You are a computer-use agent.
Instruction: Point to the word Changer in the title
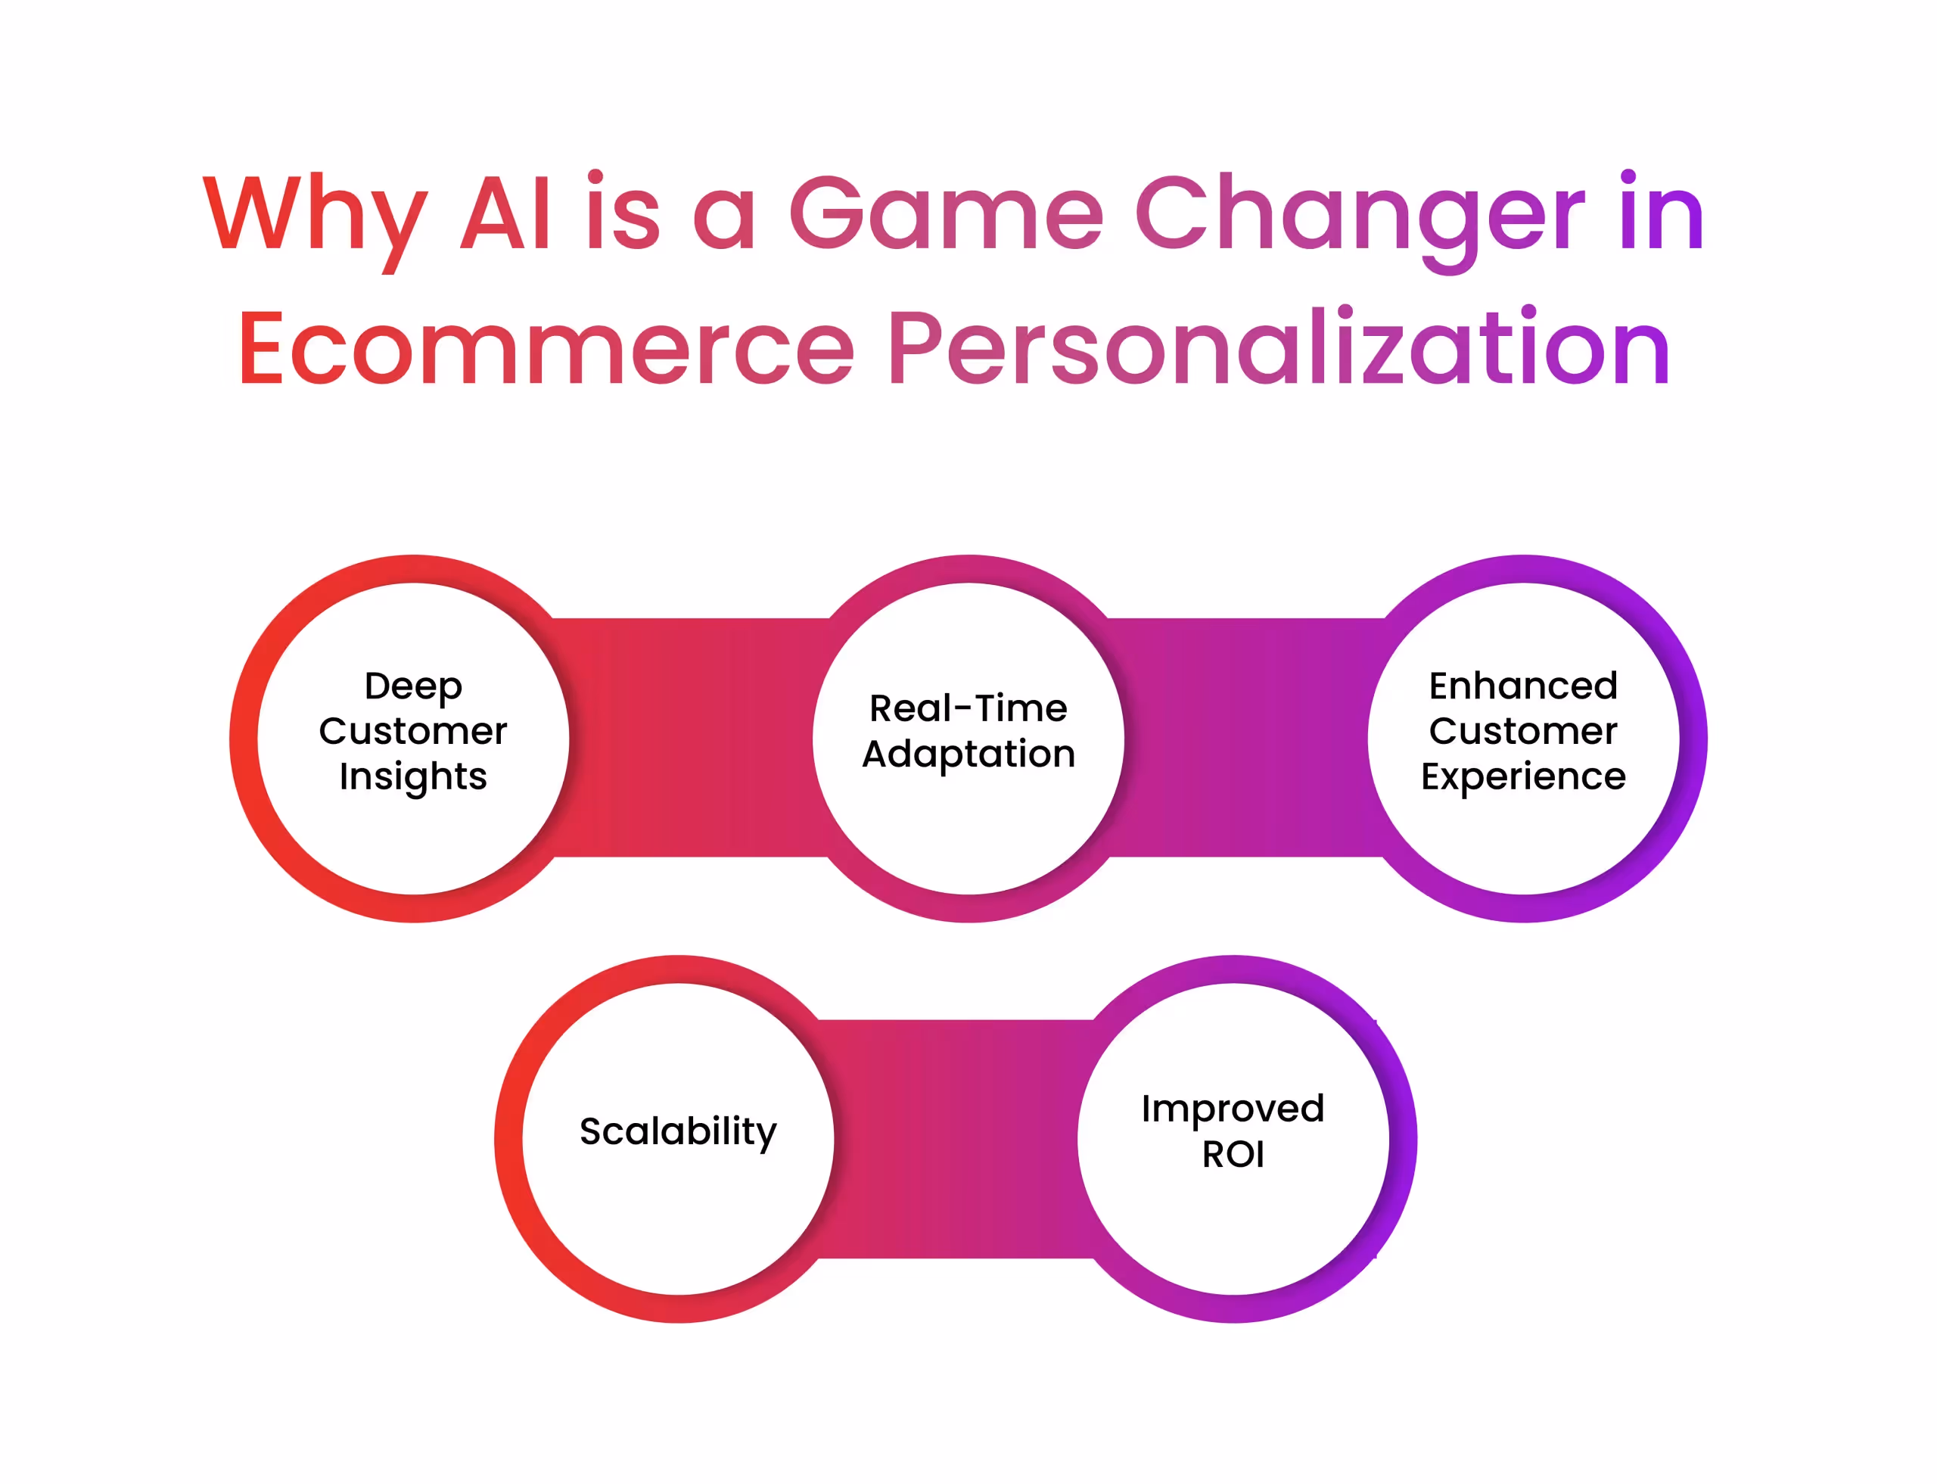[x=1360, y=215]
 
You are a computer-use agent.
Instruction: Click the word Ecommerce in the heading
[x=545, y=349]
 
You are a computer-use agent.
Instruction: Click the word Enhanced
[x=1523, y=686]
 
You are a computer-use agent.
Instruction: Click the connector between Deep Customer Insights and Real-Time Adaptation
[x=691, y=738]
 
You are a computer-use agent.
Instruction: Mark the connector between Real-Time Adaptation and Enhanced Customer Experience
[x=1245, y=738]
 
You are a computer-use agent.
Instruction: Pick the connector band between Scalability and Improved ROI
[x=956, y=1139]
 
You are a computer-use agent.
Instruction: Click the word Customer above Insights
[x=412, y=731]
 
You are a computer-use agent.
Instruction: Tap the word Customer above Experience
[x=1523, y=731]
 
